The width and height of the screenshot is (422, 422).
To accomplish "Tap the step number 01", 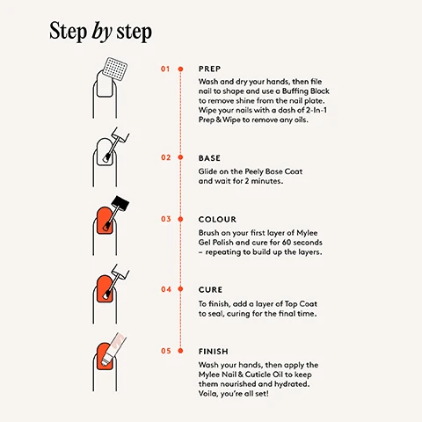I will [x=164, y=68].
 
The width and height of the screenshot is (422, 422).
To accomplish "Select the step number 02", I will [x=164, y=158].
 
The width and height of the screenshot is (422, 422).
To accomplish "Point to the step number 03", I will [x=164, y=219].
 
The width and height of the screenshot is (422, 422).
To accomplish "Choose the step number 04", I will [x=164, y=289].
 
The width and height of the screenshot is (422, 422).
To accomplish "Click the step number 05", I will [x=164, y=351].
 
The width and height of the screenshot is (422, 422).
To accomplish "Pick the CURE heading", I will [x=211, y=289].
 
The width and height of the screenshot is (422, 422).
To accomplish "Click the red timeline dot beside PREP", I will [x=180, y=68].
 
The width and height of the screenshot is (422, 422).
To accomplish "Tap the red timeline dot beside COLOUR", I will [x=180, y=219].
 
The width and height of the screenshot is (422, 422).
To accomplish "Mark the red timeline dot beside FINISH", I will [x=180, y=351].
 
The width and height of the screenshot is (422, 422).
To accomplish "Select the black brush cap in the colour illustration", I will [x=120, y=205].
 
